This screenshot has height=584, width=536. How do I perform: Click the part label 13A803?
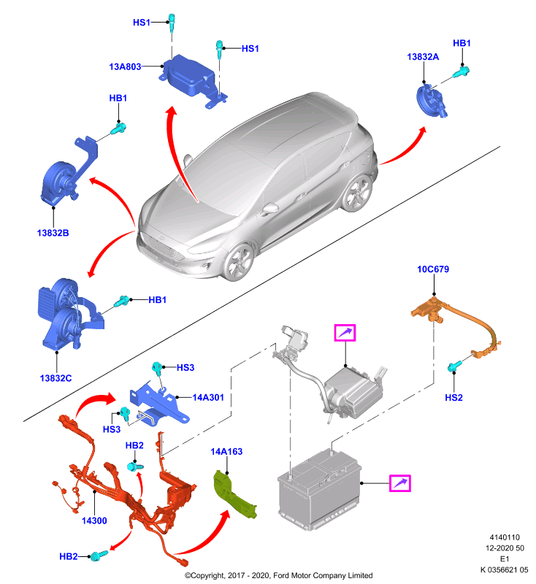pos(125,66)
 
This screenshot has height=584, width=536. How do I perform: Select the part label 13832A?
pos(423,57)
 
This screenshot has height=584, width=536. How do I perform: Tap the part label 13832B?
pos(53,233)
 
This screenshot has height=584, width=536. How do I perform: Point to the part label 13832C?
pos(56,378)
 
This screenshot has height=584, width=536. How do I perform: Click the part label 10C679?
pos(433,269)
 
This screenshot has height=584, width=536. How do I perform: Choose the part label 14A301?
pos(208,398)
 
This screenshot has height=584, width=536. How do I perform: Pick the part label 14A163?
pos(226,452)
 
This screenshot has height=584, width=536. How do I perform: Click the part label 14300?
pos(94,521)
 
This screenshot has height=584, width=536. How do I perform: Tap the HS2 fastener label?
pos(453,398)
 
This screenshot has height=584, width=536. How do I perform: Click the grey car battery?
pos(320,489)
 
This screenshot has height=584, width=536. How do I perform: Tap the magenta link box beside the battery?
pos(399,483)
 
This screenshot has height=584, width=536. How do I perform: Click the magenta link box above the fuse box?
pos(345,333)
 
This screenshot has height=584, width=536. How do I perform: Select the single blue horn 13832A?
pos(432,101)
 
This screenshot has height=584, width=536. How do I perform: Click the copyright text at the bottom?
pos(279,575)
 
